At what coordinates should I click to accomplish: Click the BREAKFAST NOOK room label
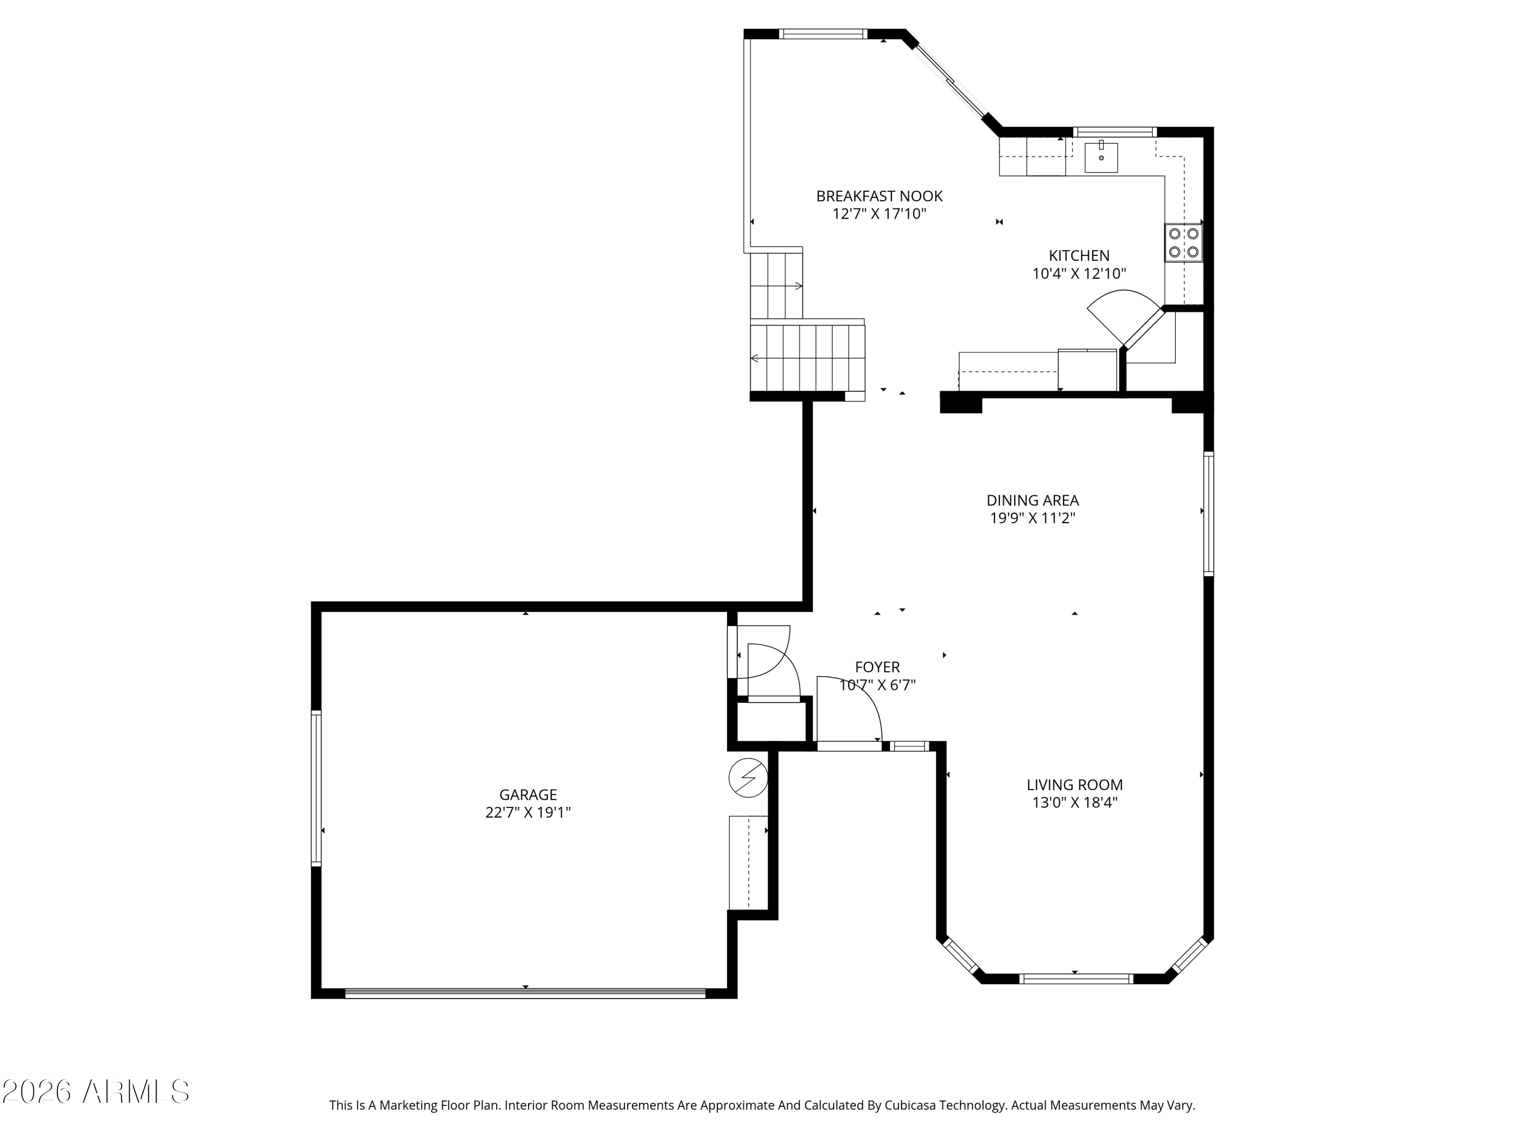point(879,196)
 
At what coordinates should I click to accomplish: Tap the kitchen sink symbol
point(1101,157)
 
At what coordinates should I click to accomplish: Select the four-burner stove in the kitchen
point(1183,243)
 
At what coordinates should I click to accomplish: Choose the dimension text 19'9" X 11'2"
point(1032,519)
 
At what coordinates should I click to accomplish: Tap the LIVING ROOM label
point(1074,785)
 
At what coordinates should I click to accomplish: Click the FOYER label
point(877,667)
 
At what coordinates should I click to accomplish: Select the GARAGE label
point(528,794)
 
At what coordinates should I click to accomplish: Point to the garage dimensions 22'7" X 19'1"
point(528,812)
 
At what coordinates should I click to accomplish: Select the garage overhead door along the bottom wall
point(525,994)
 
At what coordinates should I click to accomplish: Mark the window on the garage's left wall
point(317,788)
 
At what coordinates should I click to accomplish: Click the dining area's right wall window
point(1208,514)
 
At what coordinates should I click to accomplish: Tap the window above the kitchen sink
point(1114,132)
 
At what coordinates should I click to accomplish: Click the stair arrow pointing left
point(755,358)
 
